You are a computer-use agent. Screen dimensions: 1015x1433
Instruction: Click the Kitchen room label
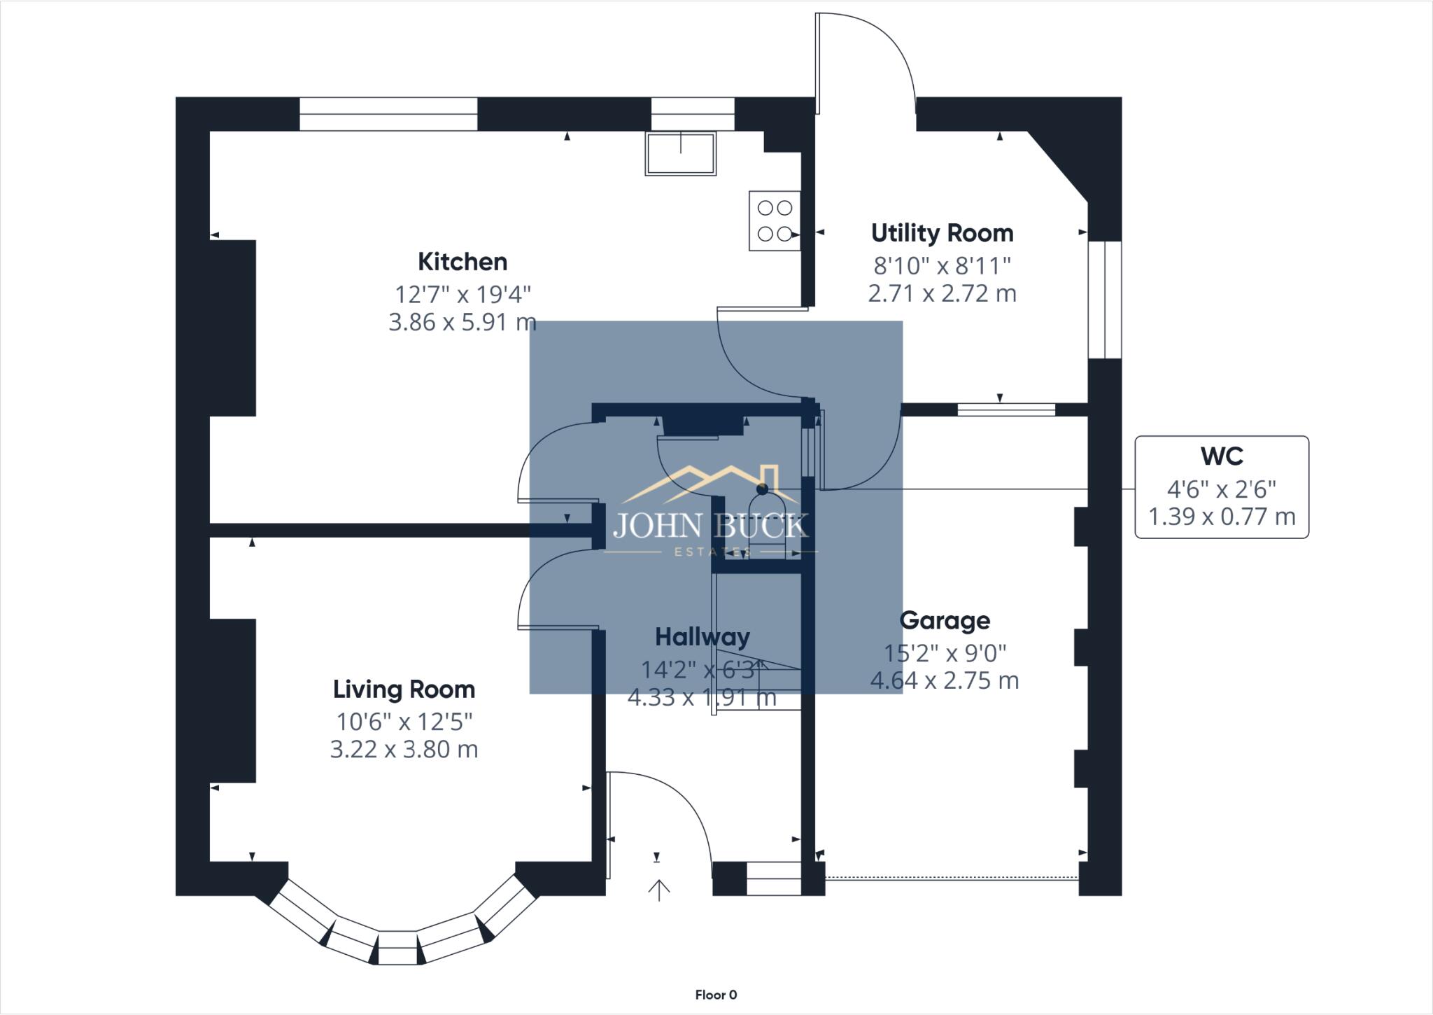(462, 262)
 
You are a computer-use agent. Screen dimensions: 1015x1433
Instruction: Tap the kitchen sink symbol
(680, 153)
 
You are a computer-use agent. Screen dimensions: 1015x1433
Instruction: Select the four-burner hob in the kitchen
(775, 220)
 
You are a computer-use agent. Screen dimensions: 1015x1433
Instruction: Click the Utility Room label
(942, 233)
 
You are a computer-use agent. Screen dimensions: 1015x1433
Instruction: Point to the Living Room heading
(404, 689)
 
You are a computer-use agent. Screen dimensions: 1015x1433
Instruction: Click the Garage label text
(945, 621)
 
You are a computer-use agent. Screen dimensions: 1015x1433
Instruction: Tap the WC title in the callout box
(1221, 456)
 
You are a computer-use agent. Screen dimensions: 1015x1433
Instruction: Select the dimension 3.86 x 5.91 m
(462, 322)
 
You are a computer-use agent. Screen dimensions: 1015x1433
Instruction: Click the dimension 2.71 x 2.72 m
(942, 293)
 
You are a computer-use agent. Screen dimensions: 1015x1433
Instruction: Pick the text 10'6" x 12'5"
(404, 721)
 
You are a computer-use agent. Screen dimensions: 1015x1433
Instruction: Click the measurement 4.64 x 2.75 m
(945, 680)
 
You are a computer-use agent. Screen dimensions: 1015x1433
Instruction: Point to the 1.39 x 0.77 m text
(1221, 517)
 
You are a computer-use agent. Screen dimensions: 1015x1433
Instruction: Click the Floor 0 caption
(716, 995)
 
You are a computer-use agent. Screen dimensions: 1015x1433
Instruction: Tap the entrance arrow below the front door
(658, 890)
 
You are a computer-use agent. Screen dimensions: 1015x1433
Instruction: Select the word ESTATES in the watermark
(712, 552)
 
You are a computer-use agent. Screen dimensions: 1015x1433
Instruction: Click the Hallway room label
(702, 637)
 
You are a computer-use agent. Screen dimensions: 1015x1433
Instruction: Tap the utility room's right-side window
(1105, 300)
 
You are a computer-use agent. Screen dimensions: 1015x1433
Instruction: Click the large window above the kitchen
(388, 114)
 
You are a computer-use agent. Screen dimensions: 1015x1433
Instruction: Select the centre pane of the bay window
(398, 948)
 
